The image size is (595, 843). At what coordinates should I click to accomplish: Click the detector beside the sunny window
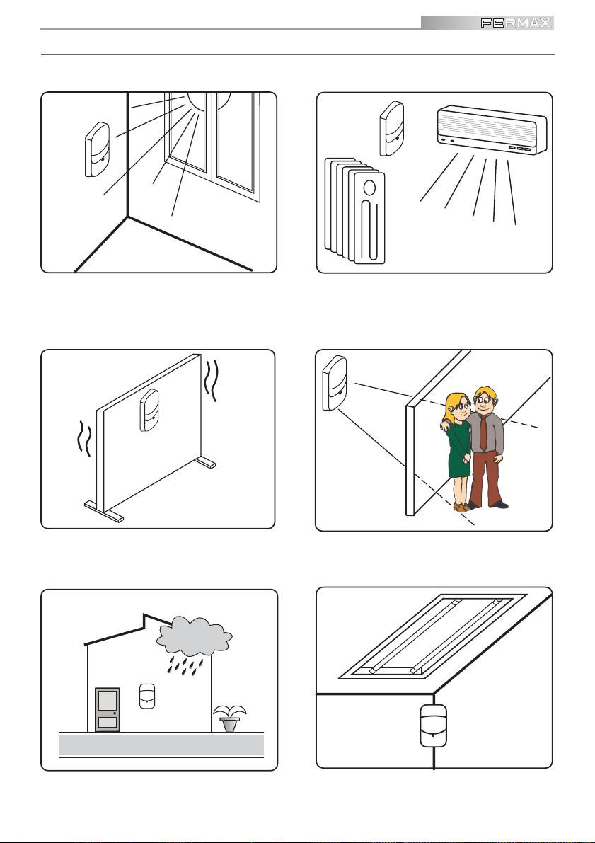96,149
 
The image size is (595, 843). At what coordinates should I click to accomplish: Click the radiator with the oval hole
369,219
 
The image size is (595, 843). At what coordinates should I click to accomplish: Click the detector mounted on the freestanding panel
150,411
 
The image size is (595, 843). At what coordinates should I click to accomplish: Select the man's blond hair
485,392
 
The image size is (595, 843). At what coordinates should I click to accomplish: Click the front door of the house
108,709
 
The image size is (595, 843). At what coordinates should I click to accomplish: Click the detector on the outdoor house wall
147,694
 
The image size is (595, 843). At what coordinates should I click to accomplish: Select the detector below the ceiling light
433,725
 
